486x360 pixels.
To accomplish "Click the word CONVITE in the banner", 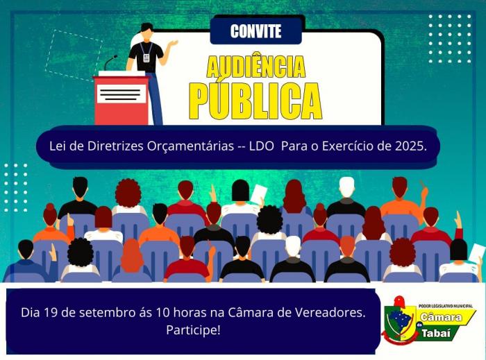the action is [255, 31].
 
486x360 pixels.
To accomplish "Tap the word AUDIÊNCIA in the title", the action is [256, 66].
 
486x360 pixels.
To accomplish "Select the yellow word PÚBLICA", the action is [255, 100].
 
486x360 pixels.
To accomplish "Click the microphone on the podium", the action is [110, 62].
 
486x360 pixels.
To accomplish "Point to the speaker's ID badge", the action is [146, 58].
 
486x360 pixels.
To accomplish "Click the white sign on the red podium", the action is [121, 94].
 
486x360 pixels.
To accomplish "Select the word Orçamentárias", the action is [190, 146].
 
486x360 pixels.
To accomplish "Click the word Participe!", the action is [194, 330].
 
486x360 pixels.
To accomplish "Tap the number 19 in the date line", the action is [50, 313].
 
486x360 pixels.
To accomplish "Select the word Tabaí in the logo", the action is [436, 334].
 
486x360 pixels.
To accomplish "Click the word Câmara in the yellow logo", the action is [441, 317].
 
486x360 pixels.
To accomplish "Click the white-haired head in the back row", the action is [346, 187].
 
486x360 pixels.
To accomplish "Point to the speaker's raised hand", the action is [172, 44].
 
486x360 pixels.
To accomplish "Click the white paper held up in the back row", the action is [258, 194].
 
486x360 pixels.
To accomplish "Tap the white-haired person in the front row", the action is [293, 259].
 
